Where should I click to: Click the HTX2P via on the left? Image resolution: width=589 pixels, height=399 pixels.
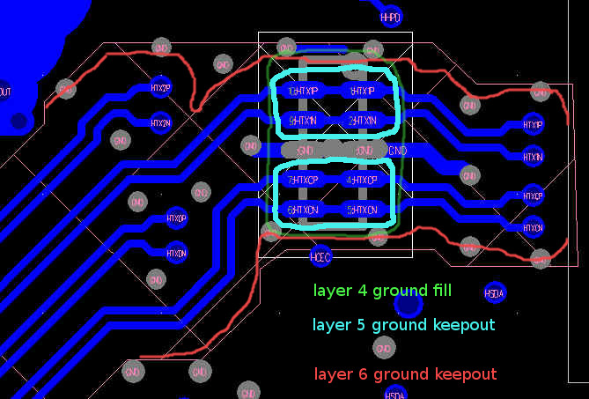pyautogui.click(x=160, y=88)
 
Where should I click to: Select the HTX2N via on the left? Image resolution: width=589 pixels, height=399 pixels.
pyautogui.click(x=160, y=123)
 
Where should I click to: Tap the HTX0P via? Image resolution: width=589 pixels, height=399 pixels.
pyautogui.click(x=176, y=218)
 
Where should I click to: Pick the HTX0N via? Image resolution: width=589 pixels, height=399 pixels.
pyautogui.click(x=176, y=253)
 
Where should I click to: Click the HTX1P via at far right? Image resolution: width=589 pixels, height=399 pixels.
pyautogui.click(x=533, y=124)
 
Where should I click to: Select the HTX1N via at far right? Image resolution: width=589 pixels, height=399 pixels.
pyautogui.click(x=533, y=157)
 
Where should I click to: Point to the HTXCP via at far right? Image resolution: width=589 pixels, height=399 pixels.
pyautogui.click(x=533, y=195)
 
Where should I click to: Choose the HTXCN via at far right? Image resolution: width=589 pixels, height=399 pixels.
pyautogui.click(x=533, y=227)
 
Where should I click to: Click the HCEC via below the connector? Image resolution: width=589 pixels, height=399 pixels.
pyautogui.click(x=320, y=256)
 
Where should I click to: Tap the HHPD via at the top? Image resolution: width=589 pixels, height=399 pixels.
pyautogui.click(x=390, y=17)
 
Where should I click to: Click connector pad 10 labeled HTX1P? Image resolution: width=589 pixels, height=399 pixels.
pyautogui.click(x=303, y=91)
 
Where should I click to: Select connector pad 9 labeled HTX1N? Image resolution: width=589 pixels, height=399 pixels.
pyautogui.click(x=303, y=120)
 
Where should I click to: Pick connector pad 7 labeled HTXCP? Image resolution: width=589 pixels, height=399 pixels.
pyautogui.click(x=303, y=181)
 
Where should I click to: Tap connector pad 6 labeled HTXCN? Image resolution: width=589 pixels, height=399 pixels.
pyautogui.click(x=303, y=211)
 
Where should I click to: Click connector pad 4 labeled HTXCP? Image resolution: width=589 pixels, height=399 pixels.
pyautogui.click(x=362, y=181)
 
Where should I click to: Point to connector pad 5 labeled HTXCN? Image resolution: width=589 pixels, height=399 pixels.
pyautogui.click(x=362, y=211)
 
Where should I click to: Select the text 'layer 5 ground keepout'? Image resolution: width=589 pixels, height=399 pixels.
pyautogui.click(x=403, y=325)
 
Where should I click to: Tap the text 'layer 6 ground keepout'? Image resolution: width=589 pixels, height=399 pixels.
pyautogui.click(x=404, y=374)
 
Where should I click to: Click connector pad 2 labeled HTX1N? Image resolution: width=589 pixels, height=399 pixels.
pyautogui.click(x=362, y=120)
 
